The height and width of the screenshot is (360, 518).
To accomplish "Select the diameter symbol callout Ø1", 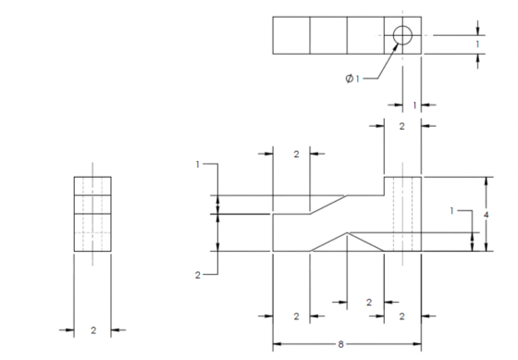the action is tap(352, 79).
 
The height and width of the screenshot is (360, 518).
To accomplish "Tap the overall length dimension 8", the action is tap(341, 344).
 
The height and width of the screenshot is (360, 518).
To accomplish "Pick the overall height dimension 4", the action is tap(486, 215).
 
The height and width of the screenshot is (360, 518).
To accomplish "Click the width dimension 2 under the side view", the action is tap(93, 330).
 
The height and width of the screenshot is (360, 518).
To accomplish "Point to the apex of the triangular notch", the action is tap(347, 232).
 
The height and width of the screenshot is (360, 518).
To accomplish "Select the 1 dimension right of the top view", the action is tap(477, 44).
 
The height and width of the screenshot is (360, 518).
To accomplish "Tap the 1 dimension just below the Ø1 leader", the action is tap(414, 106).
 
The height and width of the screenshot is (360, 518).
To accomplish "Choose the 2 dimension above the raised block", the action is tap(401, 126).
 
